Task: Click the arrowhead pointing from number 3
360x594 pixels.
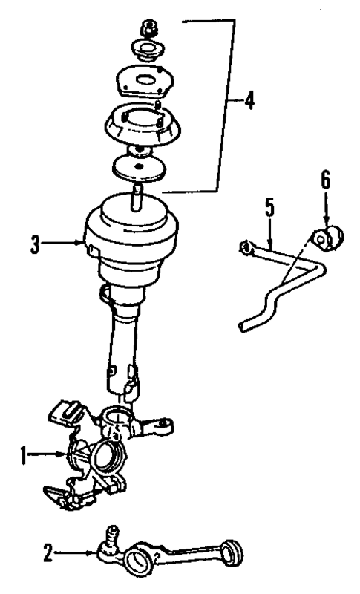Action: pos(86,241)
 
